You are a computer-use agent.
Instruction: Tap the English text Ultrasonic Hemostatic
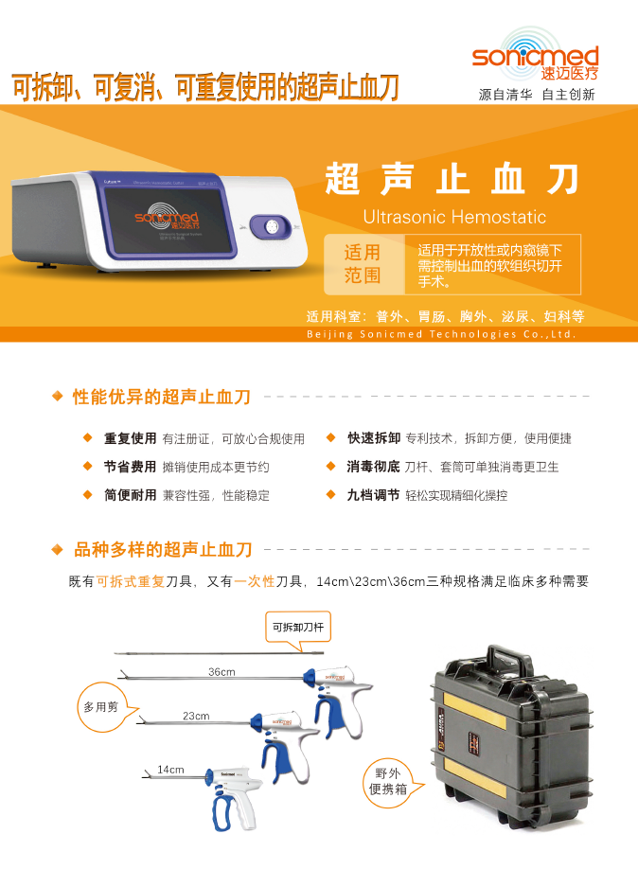(454, 217)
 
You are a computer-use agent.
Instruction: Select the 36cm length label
(222, 671)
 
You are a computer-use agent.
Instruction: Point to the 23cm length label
(196, 716)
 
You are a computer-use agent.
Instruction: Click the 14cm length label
(170, 769)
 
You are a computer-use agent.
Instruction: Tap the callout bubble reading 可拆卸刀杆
(297, 627)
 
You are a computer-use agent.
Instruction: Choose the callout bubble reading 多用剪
(100, 707)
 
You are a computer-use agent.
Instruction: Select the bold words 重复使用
(130, 439)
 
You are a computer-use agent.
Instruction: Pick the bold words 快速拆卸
(373, 439)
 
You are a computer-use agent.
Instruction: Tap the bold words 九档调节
(373, 495)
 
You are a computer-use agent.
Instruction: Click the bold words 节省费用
(130, 467)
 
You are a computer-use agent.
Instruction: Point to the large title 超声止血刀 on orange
(452, 179)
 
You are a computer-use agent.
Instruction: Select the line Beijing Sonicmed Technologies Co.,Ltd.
(441, 334)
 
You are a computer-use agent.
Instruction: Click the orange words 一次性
(255, 581)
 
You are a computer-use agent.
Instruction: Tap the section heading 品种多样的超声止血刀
(163, 549)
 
